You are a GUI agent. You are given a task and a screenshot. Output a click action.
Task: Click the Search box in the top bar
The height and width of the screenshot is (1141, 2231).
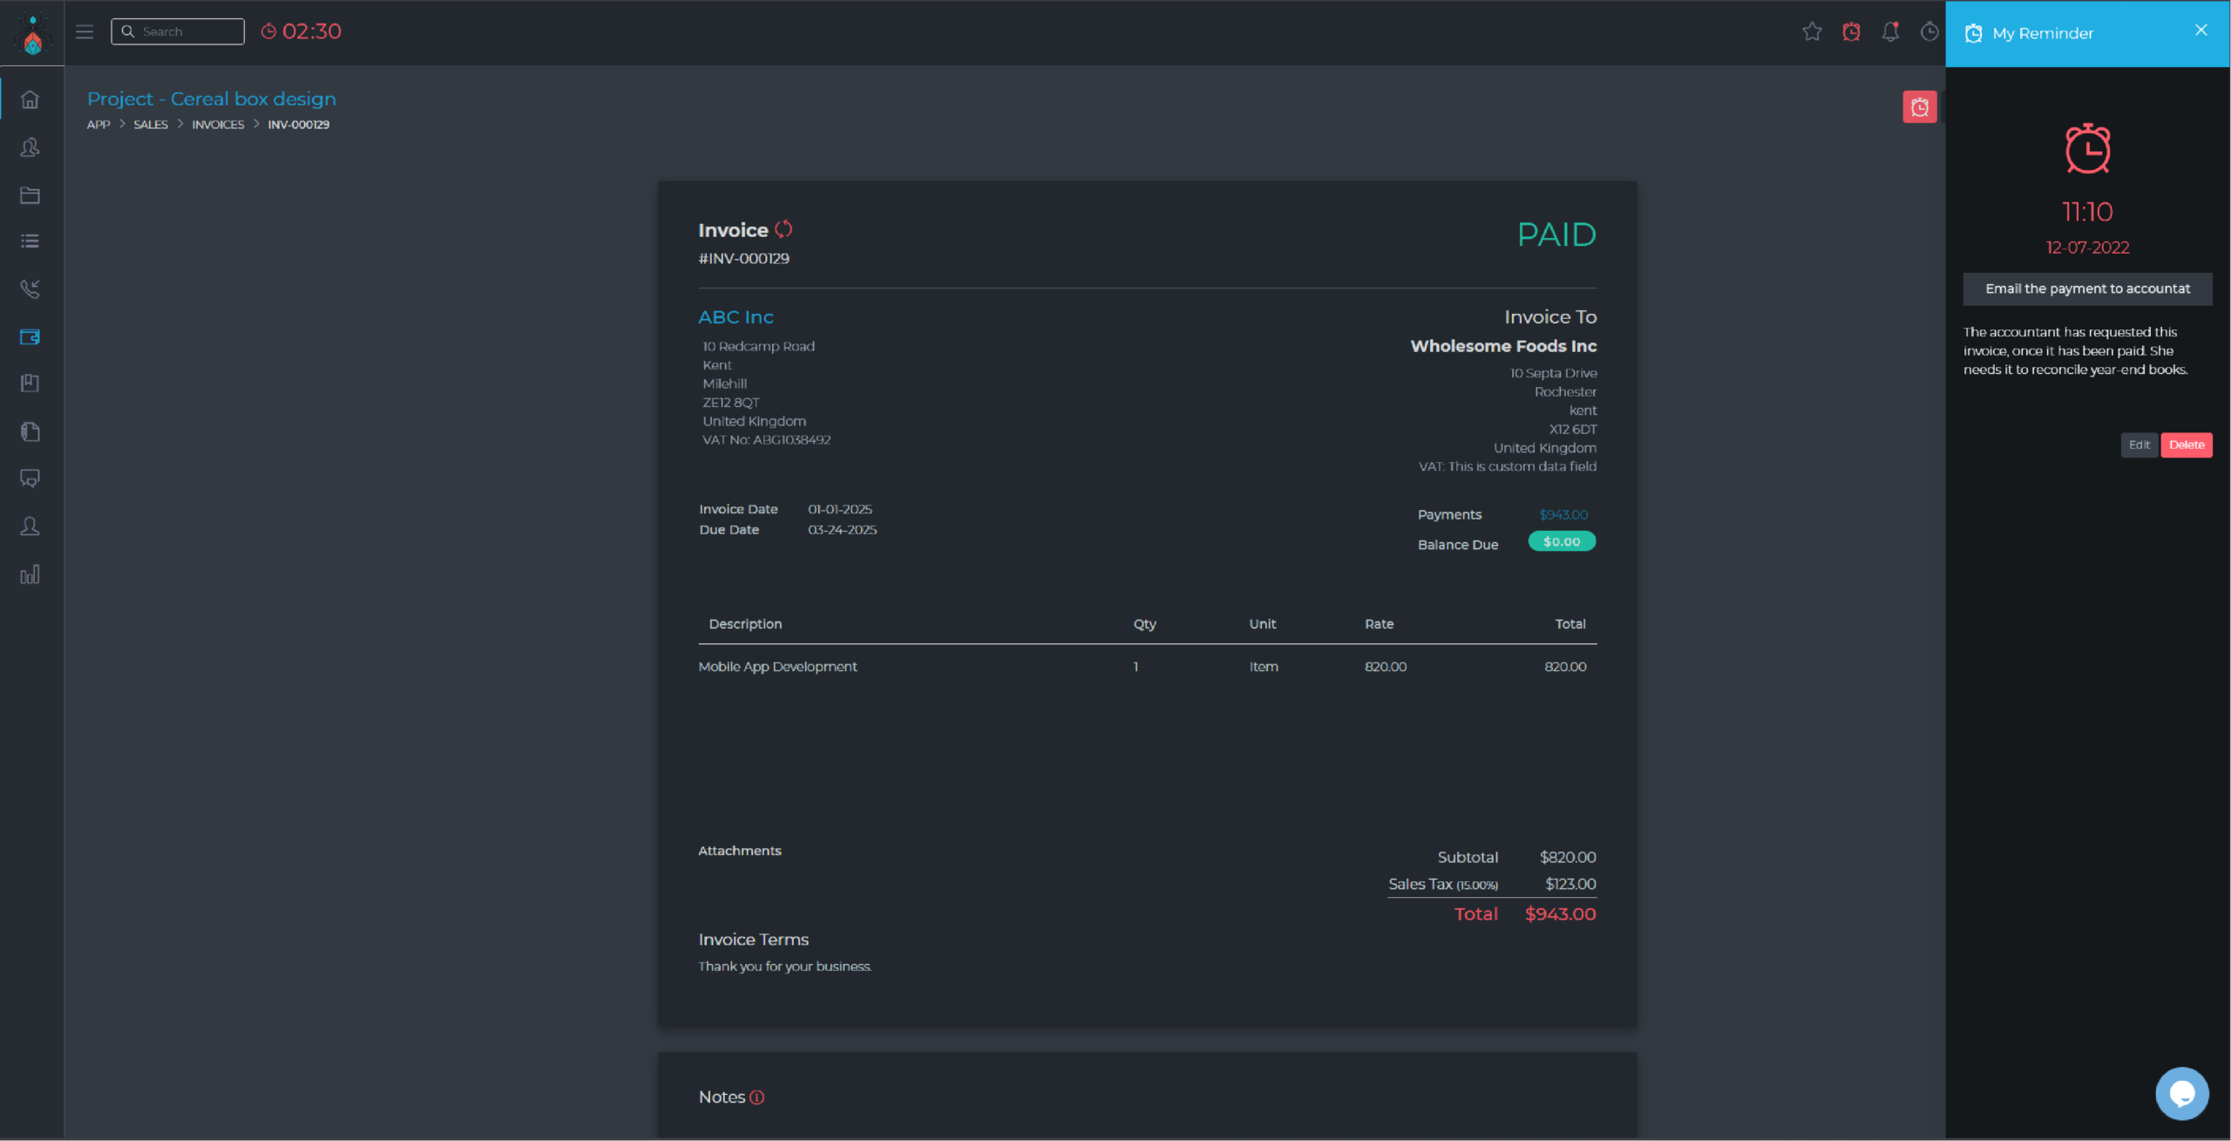click(178, 31)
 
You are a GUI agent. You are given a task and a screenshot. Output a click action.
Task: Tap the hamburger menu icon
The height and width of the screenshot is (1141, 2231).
click(85, 32)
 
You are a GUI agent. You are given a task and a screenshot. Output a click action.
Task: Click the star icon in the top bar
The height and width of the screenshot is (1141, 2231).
click(1812, 32)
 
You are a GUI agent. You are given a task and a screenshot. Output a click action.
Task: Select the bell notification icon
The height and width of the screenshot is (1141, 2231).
click(1890, 32)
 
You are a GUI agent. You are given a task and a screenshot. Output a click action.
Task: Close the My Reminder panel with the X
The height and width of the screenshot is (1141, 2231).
click(2201, 31)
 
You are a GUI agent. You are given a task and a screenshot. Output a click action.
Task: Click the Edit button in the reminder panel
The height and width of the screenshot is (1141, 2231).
click(2139, 445)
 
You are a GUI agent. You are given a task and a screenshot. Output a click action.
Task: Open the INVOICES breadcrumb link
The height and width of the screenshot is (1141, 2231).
click(218, 125)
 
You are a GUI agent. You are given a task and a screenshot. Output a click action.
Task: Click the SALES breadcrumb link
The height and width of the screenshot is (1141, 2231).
click(151, 125)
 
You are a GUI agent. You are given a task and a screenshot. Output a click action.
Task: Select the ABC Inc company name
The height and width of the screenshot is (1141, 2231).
click(736, 317)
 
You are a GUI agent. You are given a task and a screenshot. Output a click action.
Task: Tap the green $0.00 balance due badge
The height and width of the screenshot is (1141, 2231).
click(1562, 541)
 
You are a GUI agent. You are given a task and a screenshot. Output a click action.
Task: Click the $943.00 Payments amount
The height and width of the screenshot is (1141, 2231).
click(1563, 515)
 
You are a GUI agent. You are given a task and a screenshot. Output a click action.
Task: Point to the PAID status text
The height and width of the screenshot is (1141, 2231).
click(1556, 234)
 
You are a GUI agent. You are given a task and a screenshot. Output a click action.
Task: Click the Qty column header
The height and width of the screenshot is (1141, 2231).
click(1144, 624)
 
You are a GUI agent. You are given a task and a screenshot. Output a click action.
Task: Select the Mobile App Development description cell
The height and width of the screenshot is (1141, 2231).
click(777, 667)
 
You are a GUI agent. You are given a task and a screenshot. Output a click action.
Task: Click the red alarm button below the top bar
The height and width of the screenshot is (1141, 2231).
click(1919, 107)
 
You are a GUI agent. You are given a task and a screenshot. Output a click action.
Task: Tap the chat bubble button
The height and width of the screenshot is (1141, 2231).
click(2182, 1093)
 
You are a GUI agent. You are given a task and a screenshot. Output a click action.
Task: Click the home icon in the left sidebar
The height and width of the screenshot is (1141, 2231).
click(30, 99)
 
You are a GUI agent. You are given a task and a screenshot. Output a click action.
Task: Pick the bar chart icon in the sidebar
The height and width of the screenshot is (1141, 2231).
click(30, 574)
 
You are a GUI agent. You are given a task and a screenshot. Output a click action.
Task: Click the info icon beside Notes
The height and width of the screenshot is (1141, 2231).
click(757, 1098)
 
